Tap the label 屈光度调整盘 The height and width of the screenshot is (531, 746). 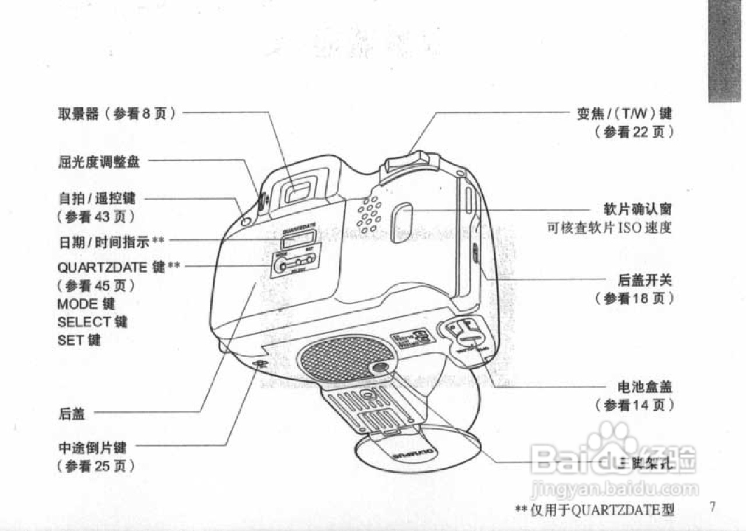click(99, 162)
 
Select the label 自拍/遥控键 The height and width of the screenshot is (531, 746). click(97, 199)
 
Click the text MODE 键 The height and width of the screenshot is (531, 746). click(86, 304)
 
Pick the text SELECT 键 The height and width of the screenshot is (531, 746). click(92, 322)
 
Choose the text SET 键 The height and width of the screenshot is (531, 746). click(79, 339)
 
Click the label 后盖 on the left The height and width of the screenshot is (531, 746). click(72, 414)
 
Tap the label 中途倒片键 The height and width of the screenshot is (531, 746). click(93, 448)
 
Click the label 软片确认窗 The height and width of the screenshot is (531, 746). click(638, 208)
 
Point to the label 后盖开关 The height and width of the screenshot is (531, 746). click(645, 280)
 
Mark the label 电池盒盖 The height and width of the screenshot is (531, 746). click(645, 386)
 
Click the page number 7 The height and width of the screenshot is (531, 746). click(712, 506)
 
